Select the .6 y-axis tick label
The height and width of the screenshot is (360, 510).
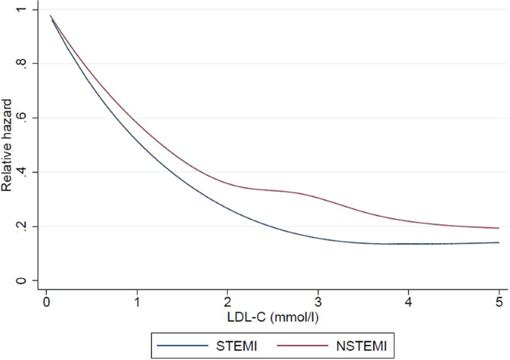(x=28, y=118)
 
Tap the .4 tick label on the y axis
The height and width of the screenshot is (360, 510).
(x=28, y=173)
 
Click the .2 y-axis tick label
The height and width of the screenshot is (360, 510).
(x=28, y=227)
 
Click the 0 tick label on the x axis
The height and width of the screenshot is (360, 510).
(x=46, y=303)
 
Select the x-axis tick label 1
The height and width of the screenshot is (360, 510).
(x=137, y=303)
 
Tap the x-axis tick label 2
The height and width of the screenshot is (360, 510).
(x=227, y=303)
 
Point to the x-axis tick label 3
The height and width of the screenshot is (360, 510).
(x=318, y=303)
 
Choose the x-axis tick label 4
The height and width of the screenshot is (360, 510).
(x=408, y=303)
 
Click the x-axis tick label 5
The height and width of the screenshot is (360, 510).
(x=498, y=303)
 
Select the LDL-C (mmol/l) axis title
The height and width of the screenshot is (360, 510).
(x=272, y=318)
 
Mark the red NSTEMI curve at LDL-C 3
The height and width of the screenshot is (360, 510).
(x=318, y=197)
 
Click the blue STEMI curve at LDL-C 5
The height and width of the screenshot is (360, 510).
(x=497, y=242)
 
